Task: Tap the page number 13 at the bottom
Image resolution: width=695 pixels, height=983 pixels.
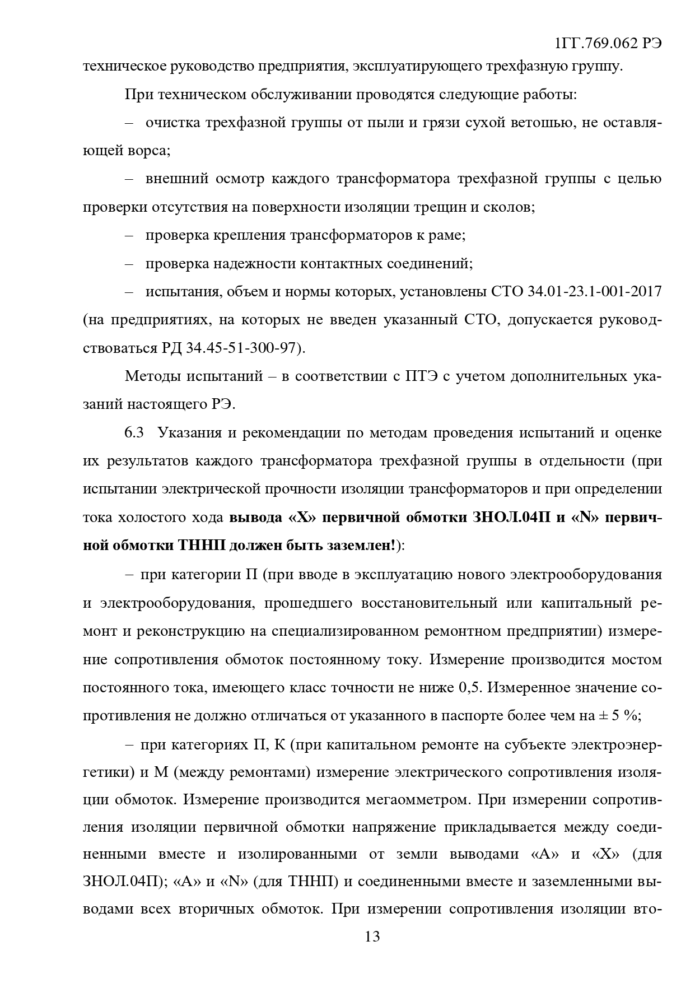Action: point(372,936)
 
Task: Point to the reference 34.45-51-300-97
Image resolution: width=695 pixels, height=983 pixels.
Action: point(242,348)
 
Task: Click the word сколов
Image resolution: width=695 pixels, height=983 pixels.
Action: point(512,207)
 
